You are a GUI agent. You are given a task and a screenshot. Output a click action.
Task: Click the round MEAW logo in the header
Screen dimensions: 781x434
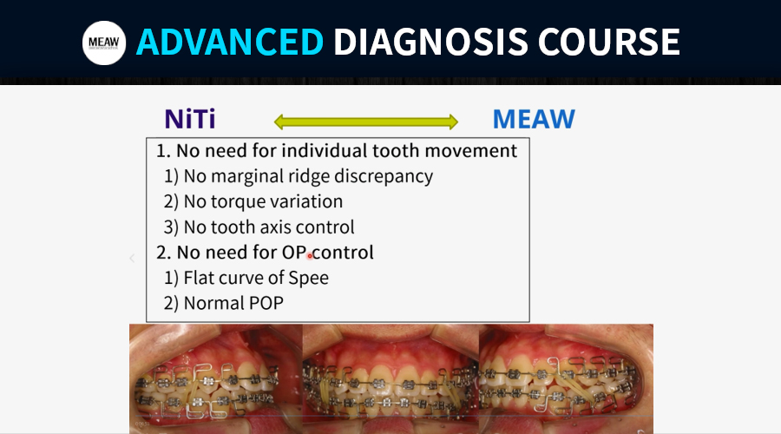(104, 43)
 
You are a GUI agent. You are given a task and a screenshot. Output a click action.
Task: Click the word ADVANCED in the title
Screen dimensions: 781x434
(230, 42)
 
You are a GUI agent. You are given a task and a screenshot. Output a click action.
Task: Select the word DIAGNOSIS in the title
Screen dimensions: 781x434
(430, 42)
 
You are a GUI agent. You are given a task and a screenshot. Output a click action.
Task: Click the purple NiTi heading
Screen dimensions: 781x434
(190, 119)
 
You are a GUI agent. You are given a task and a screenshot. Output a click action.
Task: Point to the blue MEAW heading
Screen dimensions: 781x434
(534, 119)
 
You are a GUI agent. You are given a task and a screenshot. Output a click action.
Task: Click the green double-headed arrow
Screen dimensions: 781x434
(366, 122)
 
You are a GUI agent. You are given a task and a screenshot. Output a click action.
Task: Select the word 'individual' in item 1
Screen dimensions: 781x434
(325, 150)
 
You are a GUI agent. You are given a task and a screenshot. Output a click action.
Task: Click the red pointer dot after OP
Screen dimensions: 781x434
(309, 256)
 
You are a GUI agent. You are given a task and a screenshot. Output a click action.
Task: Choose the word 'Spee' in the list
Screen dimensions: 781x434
(308, 278)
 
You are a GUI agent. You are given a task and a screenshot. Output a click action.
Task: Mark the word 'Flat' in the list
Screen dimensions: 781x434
(199, 278)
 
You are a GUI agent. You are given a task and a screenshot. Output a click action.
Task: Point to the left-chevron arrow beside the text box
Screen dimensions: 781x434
(132, 258)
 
